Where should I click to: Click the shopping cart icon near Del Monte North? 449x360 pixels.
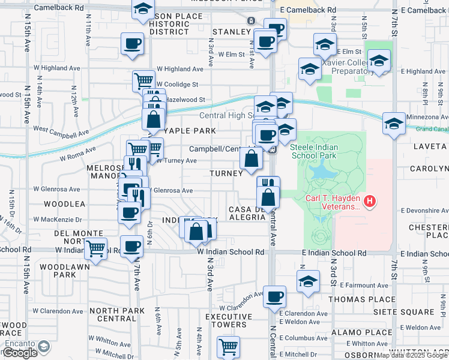pyautogui.click(x=96, y=248)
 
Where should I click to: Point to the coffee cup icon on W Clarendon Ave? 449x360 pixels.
pyautogui.click(x=275, y=296)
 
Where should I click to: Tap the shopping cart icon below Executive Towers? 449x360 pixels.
pyautogui.click(x=228, y=346)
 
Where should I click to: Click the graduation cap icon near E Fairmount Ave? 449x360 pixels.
pyautogui.click(x=308, y=281)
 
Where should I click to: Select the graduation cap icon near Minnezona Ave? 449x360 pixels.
pyautogui.click(x=394, y=123)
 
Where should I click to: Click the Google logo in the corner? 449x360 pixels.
pyautogui.click(x=20, y=353)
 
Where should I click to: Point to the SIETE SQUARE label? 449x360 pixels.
pyautogui.click(x=426, y=312)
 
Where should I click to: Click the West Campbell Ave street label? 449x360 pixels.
pyautogui.click(x=61, y=130)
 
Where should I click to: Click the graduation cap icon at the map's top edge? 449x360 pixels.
pyautogui.click(x=142, y=8)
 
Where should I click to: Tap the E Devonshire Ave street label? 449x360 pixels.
pyautogui.click(x=424, y=211)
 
